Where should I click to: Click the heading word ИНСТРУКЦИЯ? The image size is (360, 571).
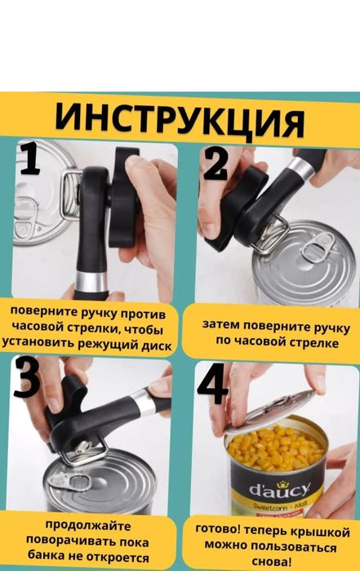coord(180,120)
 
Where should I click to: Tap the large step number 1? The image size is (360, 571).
coord(29,159)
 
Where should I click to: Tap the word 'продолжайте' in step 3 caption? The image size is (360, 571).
coord(84,524)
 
